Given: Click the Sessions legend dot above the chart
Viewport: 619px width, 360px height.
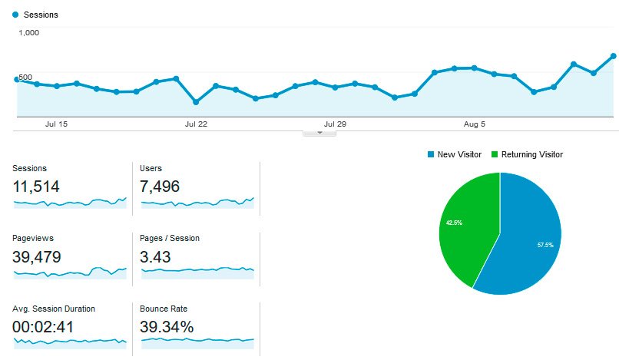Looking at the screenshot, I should click(15, 15).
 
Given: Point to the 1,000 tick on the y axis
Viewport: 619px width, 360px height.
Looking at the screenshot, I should click(29, 33).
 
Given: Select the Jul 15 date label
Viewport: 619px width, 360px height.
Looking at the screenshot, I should click(56, 124).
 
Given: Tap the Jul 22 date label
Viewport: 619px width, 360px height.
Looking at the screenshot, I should click(196, 124).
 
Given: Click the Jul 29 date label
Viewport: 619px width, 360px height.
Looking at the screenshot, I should click(335, 124).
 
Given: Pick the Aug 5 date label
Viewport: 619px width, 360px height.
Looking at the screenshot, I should click(474, 124).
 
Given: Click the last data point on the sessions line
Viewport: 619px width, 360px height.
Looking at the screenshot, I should click(613, 55).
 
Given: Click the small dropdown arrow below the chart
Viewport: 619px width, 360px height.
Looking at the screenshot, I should click(319, 133).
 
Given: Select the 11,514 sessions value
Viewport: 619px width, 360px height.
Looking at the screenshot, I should click(36, 186).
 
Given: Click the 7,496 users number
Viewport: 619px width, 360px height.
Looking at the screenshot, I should click(164, 186).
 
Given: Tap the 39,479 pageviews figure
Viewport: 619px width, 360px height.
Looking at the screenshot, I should click(37, 256).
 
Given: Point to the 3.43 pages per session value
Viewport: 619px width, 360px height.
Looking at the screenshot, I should click(156, 256).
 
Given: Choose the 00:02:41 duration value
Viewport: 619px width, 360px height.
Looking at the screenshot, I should click(44, 327).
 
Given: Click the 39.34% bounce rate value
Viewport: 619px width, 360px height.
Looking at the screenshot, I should click(167, 327).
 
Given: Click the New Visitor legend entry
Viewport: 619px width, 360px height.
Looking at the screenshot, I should click(455, 154).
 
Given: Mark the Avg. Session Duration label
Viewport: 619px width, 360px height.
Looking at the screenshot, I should click(54, 309).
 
